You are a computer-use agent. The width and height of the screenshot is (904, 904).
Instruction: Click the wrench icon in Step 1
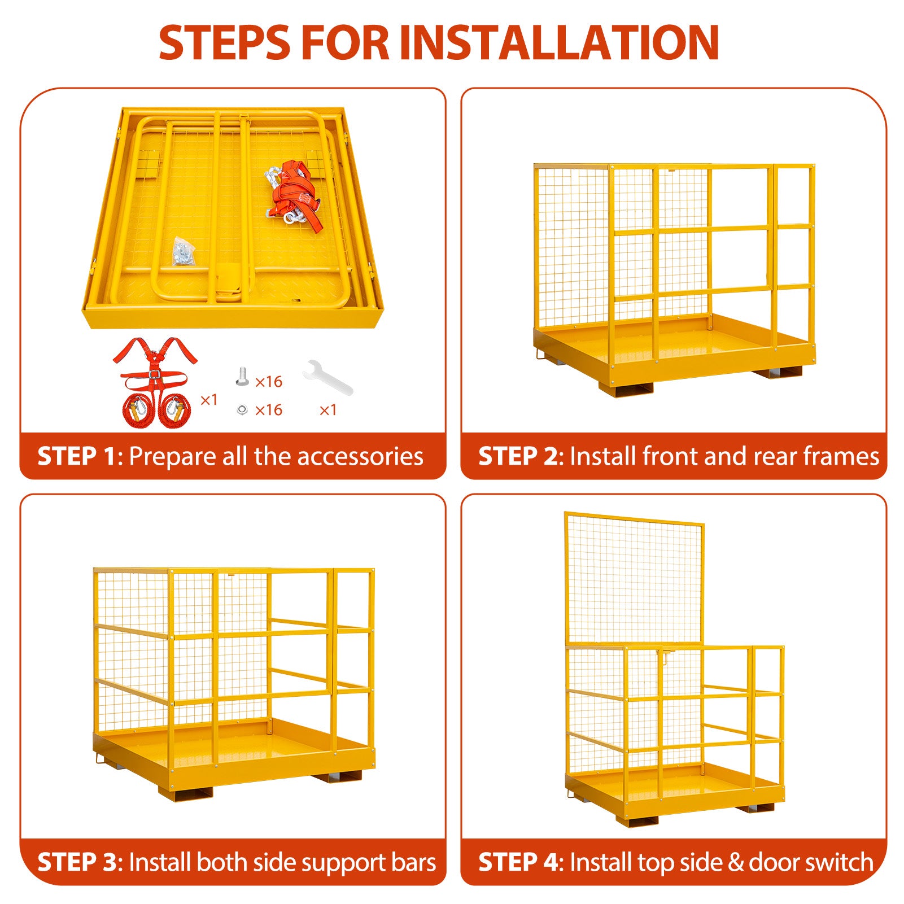(x=327, y=377)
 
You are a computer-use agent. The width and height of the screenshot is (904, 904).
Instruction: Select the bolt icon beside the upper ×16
(x=242, y=377)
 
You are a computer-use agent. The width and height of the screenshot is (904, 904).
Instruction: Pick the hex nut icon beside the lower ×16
(x=242, y=409)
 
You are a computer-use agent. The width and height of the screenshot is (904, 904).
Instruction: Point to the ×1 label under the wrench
(x=328, y=410)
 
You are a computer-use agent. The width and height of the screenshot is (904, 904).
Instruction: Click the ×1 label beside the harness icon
(x=209, y=400)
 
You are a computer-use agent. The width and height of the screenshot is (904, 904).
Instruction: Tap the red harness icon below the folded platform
(x=155, y=382)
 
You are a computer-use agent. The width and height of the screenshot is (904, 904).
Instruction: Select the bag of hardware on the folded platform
(x=184, y=252)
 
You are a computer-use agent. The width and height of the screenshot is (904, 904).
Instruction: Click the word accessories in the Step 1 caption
(x=360, y=457)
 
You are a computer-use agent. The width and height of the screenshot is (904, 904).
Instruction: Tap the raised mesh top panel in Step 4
(x=634, y=579)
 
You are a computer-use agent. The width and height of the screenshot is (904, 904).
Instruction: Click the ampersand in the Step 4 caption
(x=735, y=863)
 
